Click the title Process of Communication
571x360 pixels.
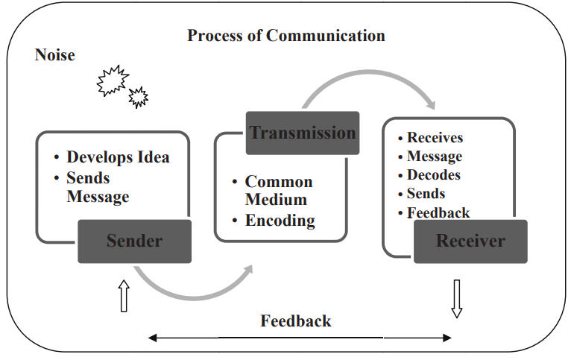point(285,36)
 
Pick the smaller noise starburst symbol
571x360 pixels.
point(138,96)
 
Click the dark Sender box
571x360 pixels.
point(134,241)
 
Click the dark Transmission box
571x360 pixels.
point(303,133)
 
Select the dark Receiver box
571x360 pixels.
point(470,241)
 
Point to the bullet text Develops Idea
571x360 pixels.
point(118,157)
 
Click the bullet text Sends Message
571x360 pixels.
point(98,188)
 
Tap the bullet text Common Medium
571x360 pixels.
point(278,191)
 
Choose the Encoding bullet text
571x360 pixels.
point(280,221)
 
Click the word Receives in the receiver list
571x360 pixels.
point(435,138)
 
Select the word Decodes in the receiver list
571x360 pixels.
point(433,175)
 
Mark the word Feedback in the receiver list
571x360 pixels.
point(438,213)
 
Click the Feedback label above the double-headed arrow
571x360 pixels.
point(295,321)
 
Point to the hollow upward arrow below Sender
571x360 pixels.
point(124,297)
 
